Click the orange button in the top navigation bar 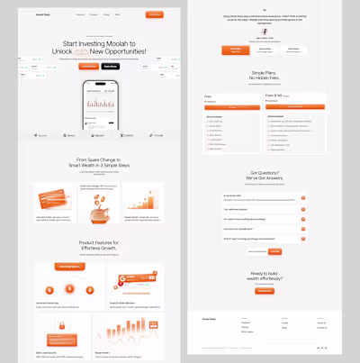click(154, 14)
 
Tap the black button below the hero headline click(110, 66)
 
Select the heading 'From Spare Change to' click(99, 161)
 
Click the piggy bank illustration click(99, 203)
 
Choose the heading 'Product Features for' click(99, 244)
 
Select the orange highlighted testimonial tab click(236, 50)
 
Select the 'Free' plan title click(208, 96)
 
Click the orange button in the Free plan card click(233, 107)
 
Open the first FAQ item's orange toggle click(304, 195)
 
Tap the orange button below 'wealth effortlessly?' click(264, 291)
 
